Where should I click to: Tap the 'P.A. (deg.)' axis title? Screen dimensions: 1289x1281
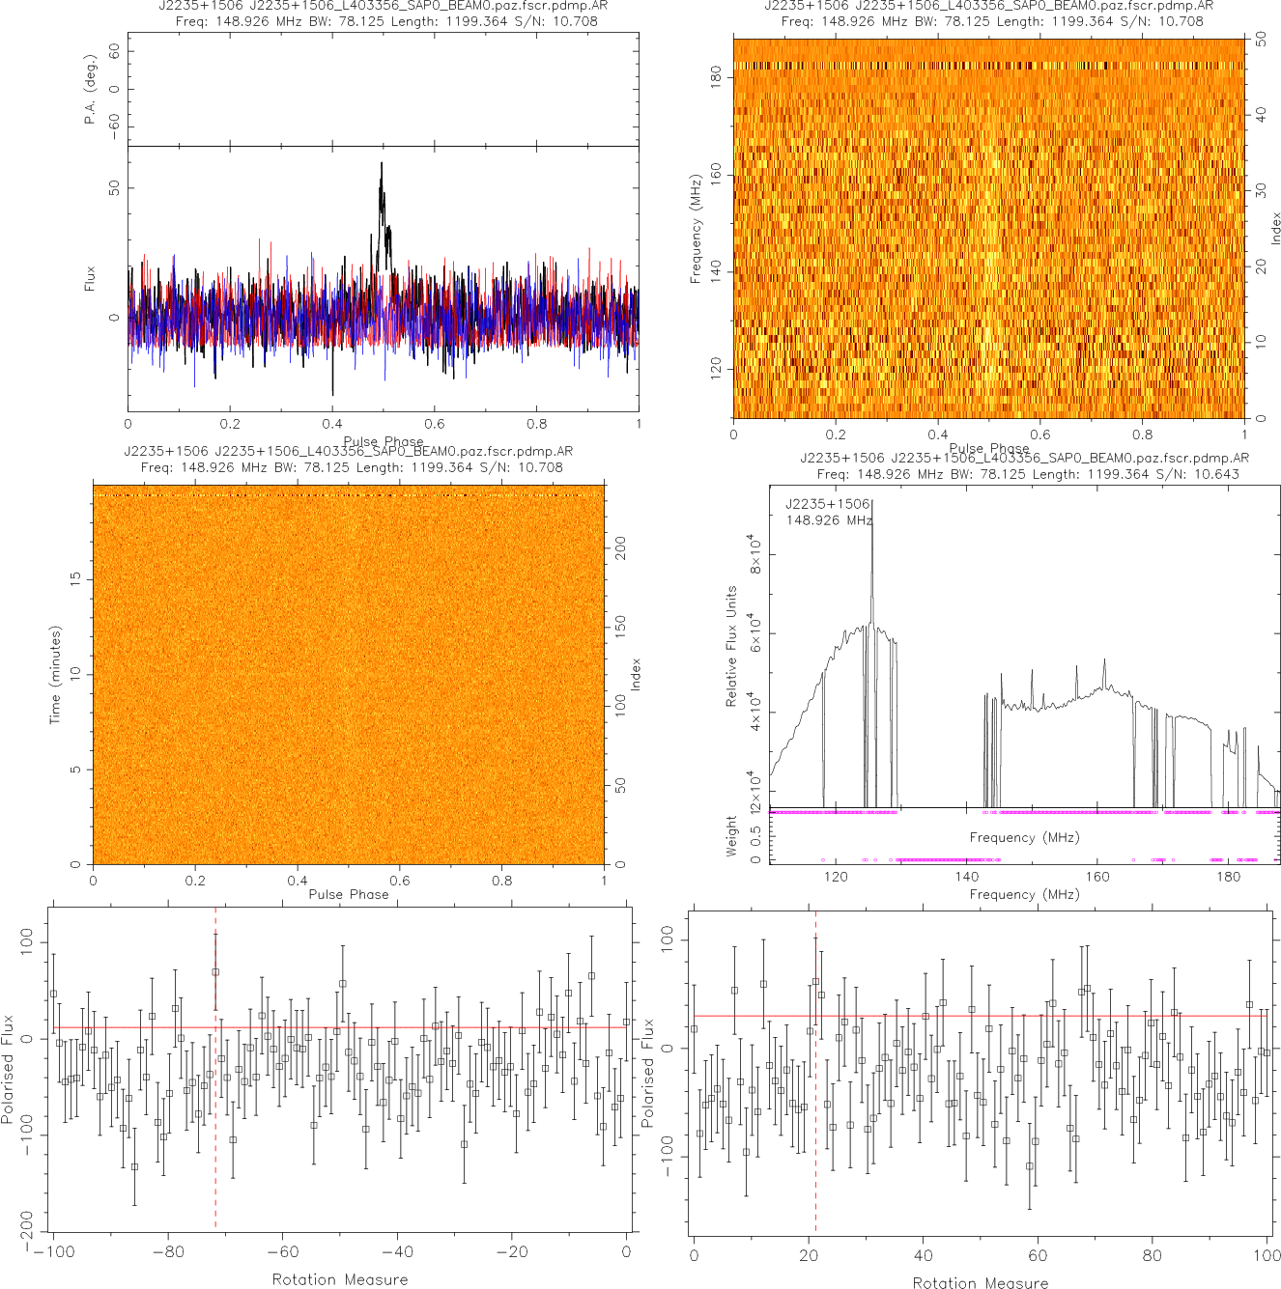tap(90, 89)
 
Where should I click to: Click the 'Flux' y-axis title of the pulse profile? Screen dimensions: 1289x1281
tap(90, 279)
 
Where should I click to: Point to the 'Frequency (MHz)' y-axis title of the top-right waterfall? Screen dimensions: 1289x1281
tap(695, 229)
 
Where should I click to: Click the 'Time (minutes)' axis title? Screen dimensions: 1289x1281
tap(55, 674)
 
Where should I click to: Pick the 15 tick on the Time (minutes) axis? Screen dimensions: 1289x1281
tap(75, 578)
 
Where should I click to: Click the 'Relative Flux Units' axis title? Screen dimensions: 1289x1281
tap(731, 646)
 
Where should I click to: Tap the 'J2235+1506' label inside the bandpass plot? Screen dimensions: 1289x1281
tap(827, 504)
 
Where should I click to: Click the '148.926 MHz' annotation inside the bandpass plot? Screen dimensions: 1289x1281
tap(829, 520)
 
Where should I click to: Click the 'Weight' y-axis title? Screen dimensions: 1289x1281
tap(731, 835)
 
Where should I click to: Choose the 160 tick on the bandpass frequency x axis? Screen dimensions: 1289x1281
tap(1097, 877)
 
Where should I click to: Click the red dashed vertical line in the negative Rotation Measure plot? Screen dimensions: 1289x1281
tap(215, 1110)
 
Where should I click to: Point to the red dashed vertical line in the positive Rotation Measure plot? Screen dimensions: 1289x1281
tap(815, 1110)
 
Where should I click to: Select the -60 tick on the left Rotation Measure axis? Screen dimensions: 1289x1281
tap(282, 1251)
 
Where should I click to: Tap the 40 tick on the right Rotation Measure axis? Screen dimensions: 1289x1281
tap(923, 1255)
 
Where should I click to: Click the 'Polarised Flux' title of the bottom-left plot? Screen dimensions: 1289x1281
tap(9, 1068)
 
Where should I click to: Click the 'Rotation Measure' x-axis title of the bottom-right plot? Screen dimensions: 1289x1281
tap(981, 1282)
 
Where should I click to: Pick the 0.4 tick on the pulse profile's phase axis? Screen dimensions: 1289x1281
tap(332, 423)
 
